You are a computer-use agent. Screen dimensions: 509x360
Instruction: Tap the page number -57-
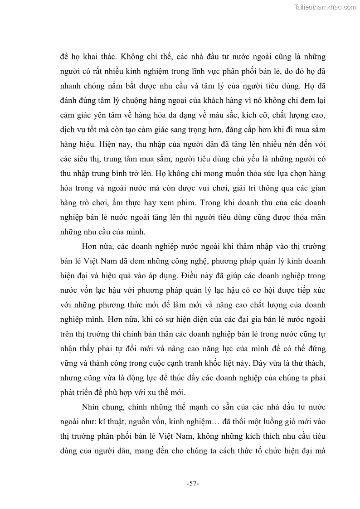coord(193,484)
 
